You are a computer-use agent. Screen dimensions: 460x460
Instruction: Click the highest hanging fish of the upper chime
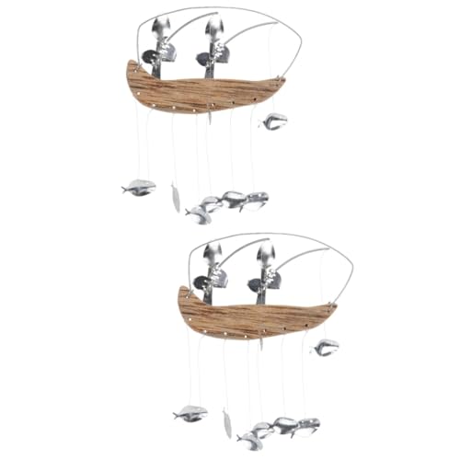coord(273,121)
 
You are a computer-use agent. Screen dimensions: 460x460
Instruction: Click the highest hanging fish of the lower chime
coord(325,347)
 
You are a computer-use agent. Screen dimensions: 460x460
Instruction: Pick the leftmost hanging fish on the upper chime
coord(139,188)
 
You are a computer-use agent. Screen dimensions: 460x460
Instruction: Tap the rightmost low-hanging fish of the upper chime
coord(255,199)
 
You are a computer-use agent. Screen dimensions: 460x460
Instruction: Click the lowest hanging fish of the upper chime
coord(197,214)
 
